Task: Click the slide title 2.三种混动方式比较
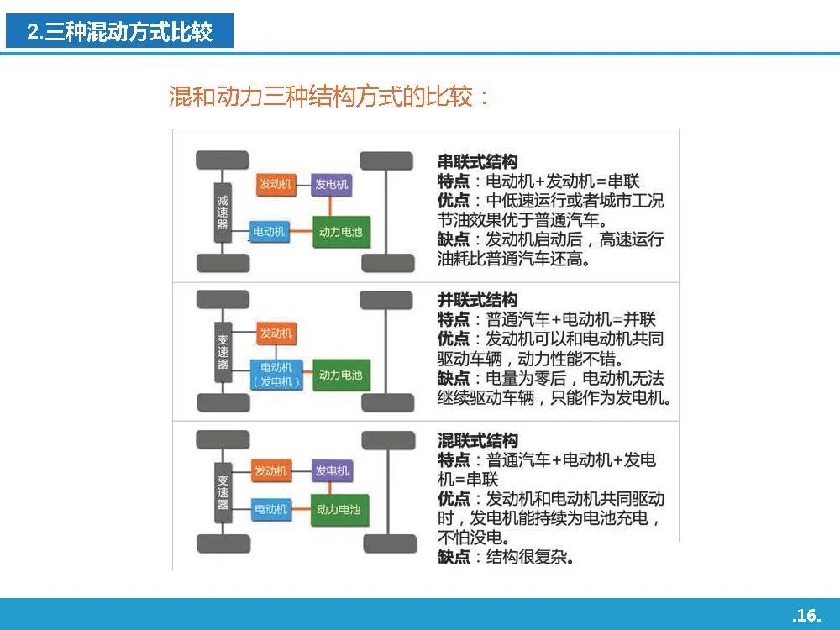point(120,32)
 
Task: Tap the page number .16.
point(806,615)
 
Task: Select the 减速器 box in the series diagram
point(223,213)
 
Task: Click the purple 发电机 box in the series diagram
point(331,185)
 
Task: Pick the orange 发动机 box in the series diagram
point(276,184)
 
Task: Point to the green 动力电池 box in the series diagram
point(341,232)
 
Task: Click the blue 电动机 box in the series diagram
point(270,232)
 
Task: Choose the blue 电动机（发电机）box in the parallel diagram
point(276,375)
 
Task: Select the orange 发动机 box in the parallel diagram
point(276,333)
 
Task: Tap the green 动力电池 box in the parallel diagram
point(341,375)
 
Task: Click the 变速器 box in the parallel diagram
point(223,352)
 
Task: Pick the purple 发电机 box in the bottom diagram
point(332,471)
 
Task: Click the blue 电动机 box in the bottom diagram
point(271,509)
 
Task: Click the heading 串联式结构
point(478,162)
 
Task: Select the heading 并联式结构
point(478,300)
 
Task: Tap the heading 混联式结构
point(478,440)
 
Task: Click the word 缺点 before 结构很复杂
point(454,557)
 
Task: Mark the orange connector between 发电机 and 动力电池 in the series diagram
point(330,207)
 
